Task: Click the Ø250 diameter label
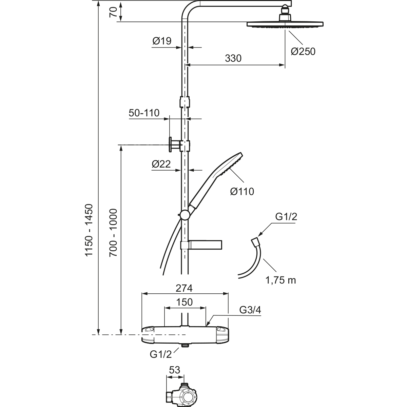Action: click(x=303, y=52)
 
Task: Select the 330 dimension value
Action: click(x=233, y=58)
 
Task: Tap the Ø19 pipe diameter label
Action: click(x=162, y=41)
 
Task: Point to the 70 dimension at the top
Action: click(x=113, y=12)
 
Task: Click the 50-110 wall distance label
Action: click(x=144, y=113)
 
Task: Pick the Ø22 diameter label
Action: click(x=161, y=164)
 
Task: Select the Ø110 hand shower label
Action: click(x=242, y=192)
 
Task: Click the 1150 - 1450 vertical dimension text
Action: click(x=89, y=230)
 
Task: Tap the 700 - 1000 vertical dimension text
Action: click(x=113, y=233)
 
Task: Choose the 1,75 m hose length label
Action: click(x=280, y=280)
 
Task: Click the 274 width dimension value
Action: click(x=184, y=288)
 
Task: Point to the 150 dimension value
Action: click(x=185, y=302)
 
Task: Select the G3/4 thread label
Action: click(x=250, y=310)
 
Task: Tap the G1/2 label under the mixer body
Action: click(x=161, y=354)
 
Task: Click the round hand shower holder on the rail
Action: click(x=185, y=215)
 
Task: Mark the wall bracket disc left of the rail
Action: click(x=170, y=144)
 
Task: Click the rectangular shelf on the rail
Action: click(x=201, y=245)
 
